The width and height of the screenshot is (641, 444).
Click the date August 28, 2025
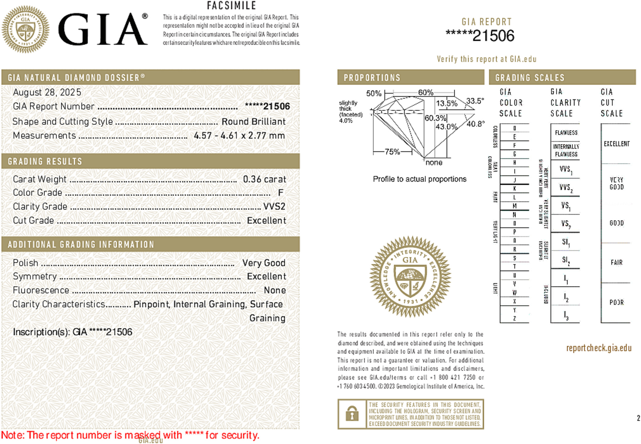tap(47, 92)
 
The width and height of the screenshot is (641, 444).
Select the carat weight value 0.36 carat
tap(264, 179)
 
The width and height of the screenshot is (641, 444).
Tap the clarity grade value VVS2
tap(274, 206)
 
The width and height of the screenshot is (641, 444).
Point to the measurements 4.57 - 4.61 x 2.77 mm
tap(239, 135)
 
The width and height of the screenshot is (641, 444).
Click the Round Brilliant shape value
tap(253, 121)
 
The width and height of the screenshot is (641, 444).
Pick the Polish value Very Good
tap(264, 263)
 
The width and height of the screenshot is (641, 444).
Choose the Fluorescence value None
tap(275, 290)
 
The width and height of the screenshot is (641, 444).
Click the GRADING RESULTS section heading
tap(45, 161)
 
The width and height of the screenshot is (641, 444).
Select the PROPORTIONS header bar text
tap(372, 78)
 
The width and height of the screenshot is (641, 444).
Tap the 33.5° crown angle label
tap(475, 101)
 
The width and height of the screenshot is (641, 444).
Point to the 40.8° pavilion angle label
tap(476, 124)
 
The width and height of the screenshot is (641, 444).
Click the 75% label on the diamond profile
tap(392, 152)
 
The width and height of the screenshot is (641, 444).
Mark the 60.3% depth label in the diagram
tap(435, 118)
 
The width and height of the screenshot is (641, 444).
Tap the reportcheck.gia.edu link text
tap(599, 348)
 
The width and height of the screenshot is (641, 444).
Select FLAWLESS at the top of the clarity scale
tap(566, 133)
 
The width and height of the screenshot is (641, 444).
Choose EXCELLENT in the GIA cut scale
tap(616, 144)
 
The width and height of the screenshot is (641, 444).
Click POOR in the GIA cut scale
tap(616, 302)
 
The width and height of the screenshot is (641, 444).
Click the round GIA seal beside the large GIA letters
tap(26, 29)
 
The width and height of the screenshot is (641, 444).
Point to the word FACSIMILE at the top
tap(231, 5)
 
